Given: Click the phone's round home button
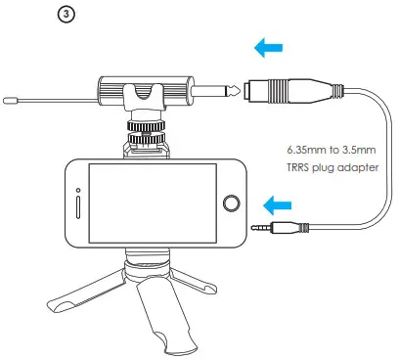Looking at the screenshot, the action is tap(232, 203).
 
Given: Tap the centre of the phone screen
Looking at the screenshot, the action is tap(153, 203).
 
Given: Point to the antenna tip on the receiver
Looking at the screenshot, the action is tap(9, 98).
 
